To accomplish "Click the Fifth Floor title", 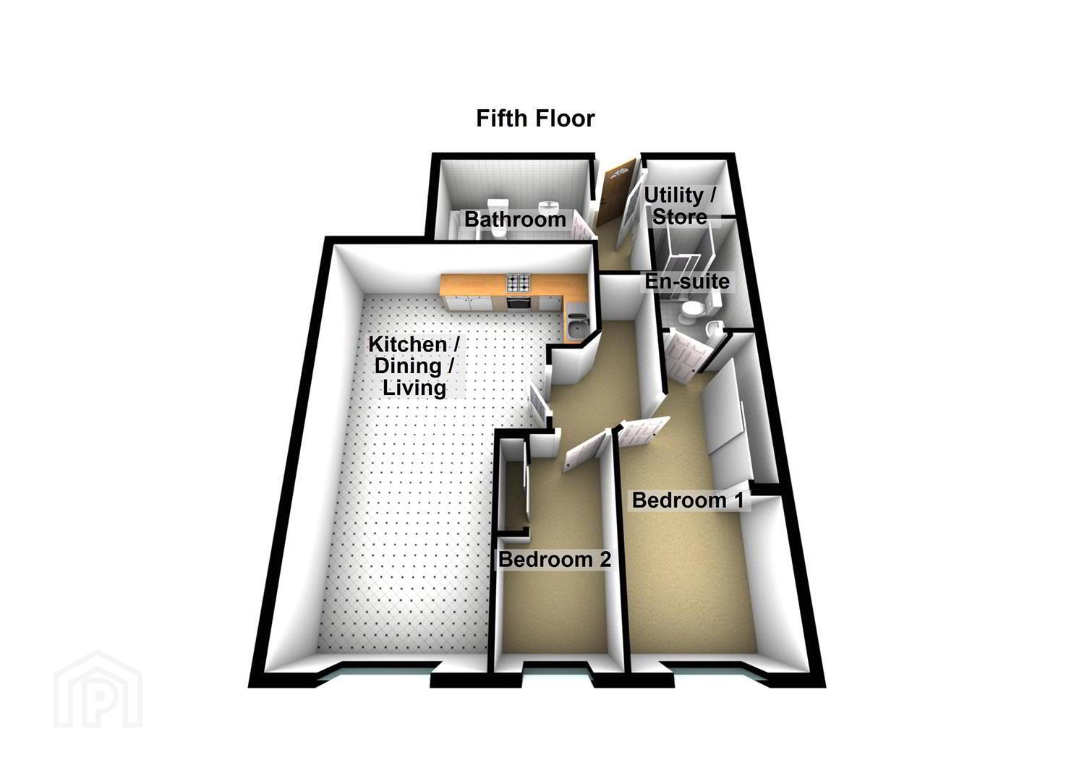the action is (x=535, y=119).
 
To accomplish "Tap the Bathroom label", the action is (x=515, y=220).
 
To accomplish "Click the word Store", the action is (x=680, y=217).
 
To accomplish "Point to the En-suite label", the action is (x=686, y=281).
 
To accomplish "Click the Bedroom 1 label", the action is (x=688, y=500).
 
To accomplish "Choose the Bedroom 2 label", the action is (x=555, y=560).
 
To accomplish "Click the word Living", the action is (x=414, y=388).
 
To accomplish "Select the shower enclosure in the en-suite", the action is (x=689, y=259).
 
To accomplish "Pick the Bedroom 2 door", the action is (x=582, y=451).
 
